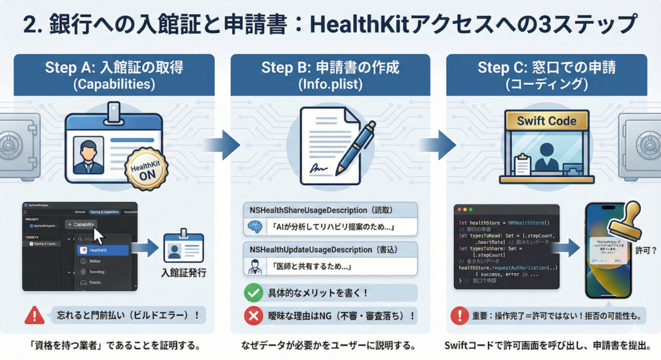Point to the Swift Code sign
(x=547, y=121)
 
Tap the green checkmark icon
(x=253, y=293)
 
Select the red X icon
(x=253, y=315)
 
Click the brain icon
(x=253, y=227)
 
